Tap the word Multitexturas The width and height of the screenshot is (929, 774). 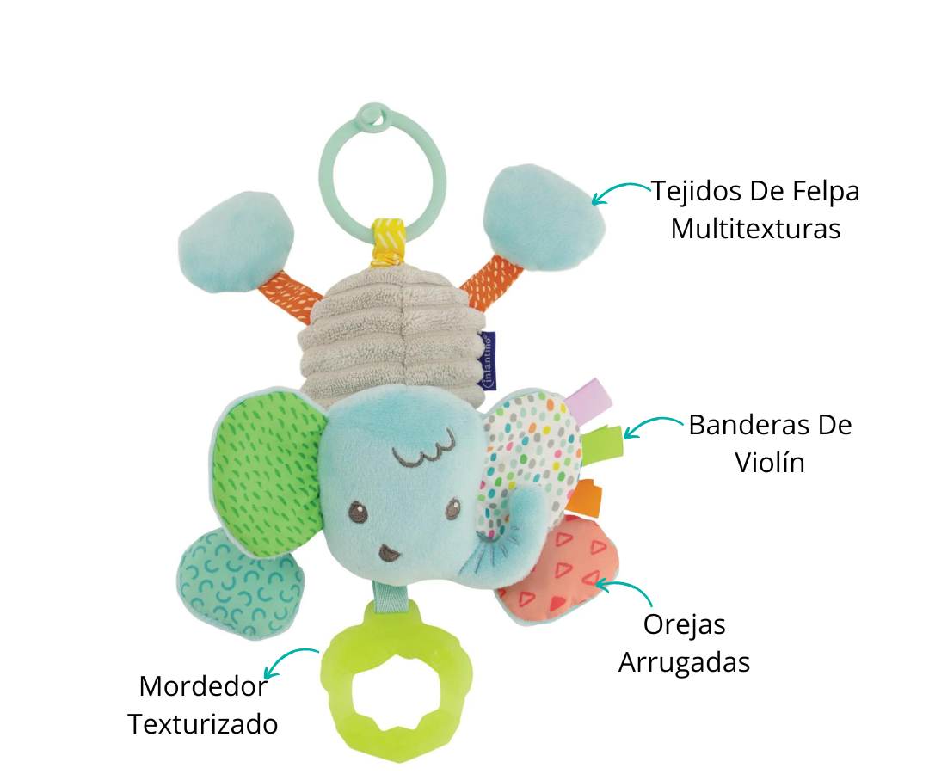(x=755, y=229)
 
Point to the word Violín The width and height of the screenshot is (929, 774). (x=770, y=463)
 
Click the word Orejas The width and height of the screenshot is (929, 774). (x=685, y=625)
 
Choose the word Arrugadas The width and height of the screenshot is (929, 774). (x=685, y=663)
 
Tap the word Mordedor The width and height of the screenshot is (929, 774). (x=203, y=687)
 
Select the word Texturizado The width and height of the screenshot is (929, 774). (x=203, y=724)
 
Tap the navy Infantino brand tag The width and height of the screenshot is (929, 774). (x=489, y=360)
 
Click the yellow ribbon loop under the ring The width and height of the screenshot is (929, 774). (x=388, y=242)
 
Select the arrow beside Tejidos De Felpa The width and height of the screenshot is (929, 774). (x=619, y=188)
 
